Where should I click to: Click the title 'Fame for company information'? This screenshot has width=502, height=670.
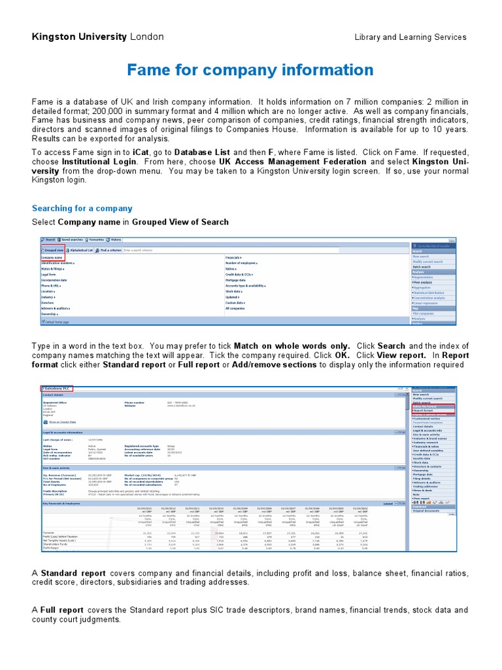click(x=250, y=70)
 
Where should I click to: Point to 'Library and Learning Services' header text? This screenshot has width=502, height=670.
click(x=410, y=37)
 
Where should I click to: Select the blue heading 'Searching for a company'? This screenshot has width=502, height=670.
click(x=82, y=208)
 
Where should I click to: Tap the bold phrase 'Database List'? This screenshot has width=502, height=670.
click(x=204, y=151)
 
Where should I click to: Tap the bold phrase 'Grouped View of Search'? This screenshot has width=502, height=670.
click(x=180, y=222)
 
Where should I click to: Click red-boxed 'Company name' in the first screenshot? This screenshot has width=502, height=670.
click(x=53, y=258)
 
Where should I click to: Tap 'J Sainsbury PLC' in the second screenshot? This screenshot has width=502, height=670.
click(x=57, y=389)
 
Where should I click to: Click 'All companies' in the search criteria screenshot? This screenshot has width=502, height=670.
click(x=236, y=308)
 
